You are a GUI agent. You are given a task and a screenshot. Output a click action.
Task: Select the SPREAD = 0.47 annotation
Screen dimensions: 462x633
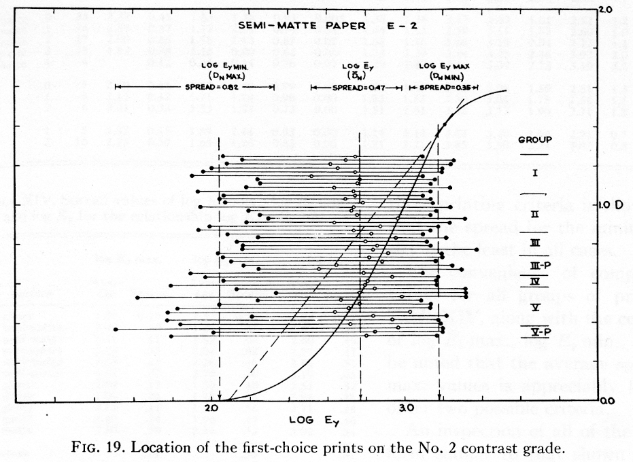click(x=355, y=88)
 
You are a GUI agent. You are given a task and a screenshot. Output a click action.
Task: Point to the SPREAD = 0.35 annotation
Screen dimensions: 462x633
click(x=443, y=88)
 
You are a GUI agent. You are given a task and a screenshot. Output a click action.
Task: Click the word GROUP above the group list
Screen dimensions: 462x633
click(x=534, y=141)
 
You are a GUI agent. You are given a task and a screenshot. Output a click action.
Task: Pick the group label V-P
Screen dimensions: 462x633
click(x=534, y=331)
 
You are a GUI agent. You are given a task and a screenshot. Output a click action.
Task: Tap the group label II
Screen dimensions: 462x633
click(x=534, y=214)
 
